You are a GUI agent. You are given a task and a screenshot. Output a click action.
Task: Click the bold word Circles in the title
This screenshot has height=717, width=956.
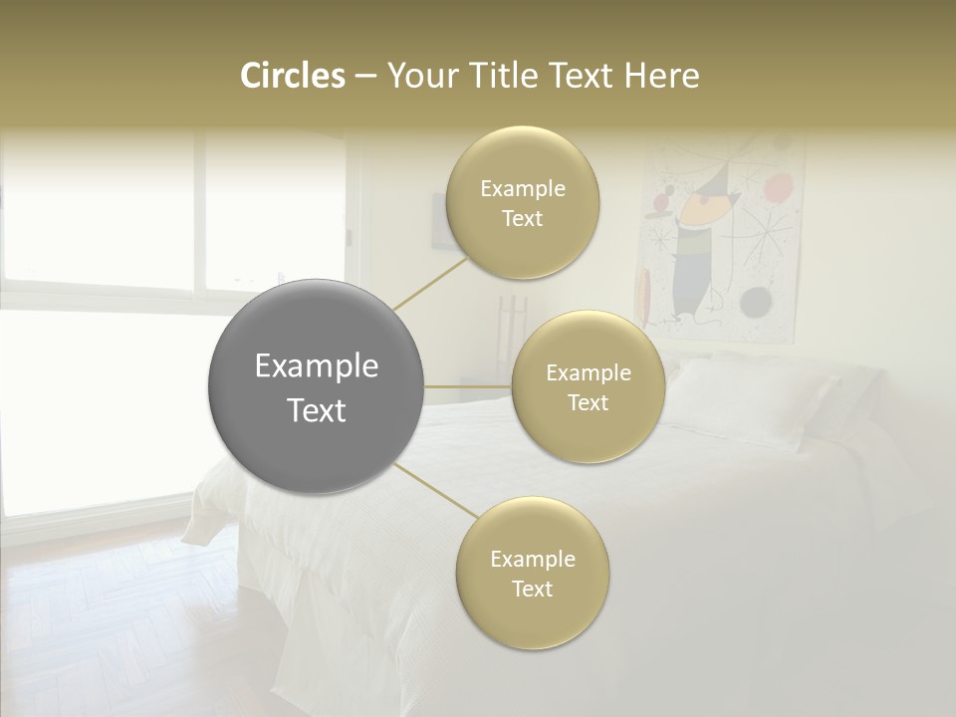pyautogui.click(x=292, y=76)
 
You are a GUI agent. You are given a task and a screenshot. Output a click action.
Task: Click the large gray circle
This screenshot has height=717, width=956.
pyautogui.click(x=317, y=386)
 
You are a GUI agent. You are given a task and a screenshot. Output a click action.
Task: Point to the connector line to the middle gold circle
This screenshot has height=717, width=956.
pyautogui.click(x=468, y=386)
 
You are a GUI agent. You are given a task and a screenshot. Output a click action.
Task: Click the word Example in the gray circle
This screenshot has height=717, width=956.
pyautogui.click(x=317, y=366)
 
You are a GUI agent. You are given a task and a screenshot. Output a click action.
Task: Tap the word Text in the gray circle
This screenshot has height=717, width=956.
pyautogui.click(x=317, y=410)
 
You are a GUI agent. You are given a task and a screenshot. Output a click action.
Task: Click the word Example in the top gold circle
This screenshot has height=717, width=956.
pyautogui.click(x=523, y=189)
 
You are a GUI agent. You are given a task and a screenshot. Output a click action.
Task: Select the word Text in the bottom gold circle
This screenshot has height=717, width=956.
pyautogui.click(x=532, y=590)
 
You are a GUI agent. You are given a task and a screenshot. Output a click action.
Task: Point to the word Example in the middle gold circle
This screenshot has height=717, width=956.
pyautogui.click(x=589, y=373)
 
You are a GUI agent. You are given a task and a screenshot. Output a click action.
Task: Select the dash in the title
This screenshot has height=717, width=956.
pyautogui.click(x=365, y=76)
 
